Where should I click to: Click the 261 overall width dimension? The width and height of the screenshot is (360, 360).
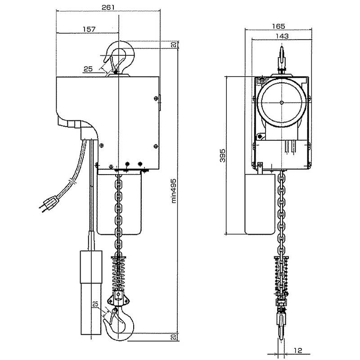pos(108,8)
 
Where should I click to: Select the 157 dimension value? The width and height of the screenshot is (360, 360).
pos(88,29)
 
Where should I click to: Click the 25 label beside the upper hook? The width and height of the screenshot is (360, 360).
pos(88,69)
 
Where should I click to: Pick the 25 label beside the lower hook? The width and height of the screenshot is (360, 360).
pos(95,305)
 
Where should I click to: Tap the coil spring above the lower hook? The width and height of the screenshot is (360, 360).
pos(120,274)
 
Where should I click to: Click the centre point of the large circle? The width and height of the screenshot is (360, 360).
pos(281,103)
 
